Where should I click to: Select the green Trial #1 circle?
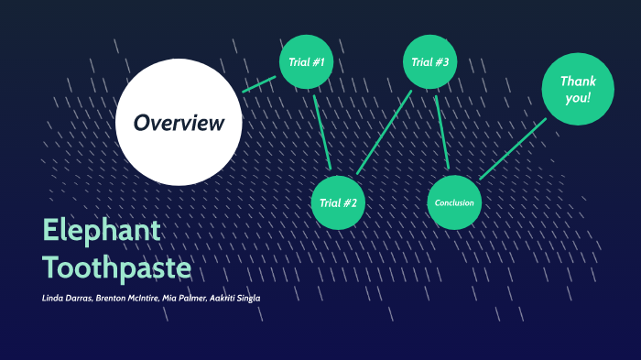(x=306, y=62)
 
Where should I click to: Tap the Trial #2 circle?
(x=339, y=202)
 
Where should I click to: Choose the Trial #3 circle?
(x=429, y=62)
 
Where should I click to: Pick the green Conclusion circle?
(x=454, y=202)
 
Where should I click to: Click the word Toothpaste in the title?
(x=116, y=267)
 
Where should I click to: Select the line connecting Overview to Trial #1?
(x=258, y=84)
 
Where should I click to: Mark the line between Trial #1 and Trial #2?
(x=321, y=129)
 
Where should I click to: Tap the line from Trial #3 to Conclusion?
(x=441, y=128)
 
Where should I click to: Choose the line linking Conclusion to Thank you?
(x=512, y=147)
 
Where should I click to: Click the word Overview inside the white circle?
(x=179, y=122)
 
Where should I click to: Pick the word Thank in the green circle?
(x=578, y=81)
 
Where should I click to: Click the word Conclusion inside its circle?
(x=454, y=202)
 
